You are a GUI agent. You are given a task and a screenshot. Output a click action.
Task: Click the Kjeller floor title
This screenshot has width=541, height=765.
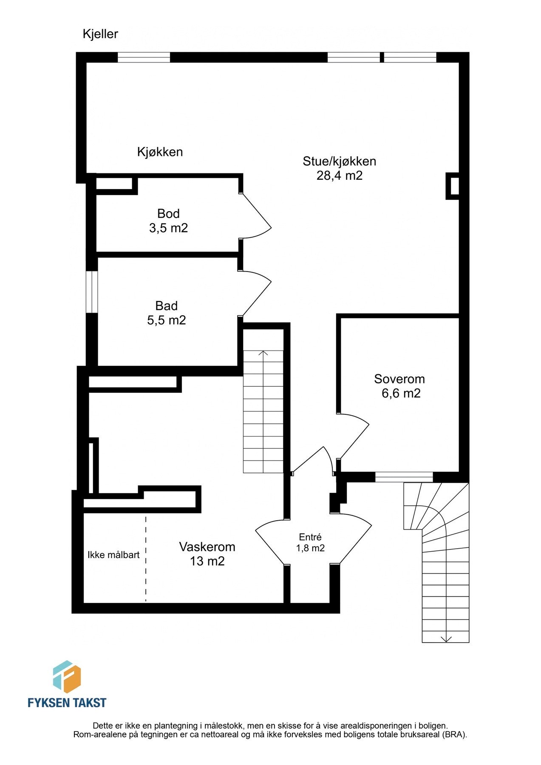click(100, 34)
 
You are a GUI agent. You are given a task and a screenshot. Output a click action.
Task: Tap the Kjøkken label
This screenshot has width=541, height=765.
click(160, 152)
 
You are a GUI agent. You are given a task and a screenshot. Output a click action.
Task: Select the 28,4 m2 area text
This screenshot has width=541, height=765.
click(340, 176)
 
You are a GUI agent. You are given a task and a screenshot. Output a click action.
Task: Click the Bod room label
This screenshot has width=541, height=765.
click(168, 213)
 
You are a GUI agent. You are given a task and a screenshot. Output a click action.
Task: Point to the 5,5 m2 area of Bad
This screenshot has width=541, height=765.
click(167, 320)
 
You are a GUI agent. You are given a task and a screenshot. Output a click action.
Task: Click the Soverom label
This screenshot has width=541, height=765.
click(399, 379)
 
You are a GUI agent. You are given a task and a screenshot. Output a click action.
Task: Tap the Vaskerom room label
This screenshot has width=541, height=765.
click(207, 547)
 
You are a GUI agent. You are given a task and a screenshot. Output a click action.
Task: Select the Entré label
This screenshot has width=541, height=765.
click(310, 537)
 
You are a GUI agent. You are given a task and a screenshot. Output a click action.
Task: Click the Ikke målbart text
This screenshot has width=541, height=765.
click(113, 555)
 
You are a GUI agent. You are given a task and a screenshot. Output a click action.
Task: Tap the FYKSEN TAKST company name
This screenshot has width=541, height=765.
click(67, 703)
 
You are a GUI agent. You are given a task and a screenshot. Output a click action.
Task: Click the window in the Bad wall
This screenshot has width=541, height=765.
click(92, 292)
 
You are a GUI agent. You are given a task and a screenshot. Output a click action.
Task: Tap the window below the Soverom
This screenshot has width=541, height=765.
click(404, 477)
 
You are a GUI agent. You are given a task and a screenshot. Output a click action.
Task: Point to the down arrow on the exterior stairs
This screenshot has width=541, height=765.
click(446, 638)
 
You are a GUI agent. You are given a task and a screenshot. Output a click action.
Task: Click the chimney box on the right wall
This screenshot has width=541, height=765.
click(453, 186)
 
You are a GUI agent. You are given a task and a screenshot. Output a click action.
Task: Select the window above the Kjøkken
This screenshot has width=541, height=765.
click(144, 57)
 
